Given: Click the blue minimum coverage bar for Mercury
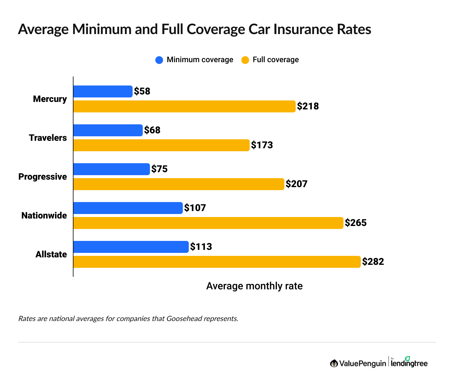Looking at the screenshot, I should pyautogui.click(x=103, y=91).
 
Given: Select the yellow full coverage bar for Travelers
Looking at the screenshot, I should pyautogui.click(x=161, y=145).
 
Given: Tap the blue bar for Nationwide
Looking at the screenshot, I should pyautogui.click(x=128, y=208).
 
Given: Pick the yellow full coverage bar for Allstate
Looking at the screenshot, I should pyautogui.click(x=217, y=262).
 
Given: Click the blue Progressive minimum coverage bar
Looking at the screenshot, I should pyautogui.click(x=111, y=169).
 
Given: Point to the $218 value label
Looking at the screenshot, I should pyautogui.click(x=308, y=106).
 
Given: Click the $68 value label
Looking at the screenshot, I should pyautogui.click(x=152, y=130).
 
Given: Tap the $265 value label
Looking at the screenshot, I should pyautogui.click(x=355, y=223).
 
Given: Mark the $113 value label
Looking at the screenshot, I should pyautogui.click(x=201, y=247).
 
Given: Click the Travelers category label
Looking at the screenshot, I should pyautogui.click(x=48, y=138).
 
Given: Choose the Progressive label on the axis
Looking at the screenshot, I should pyautogui.click(x=43, y=177).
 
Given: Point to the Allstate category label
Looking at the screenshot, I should pyautogui.click(x=51, y=254).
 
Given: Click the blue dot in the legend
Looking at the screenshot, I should pyautogui.click(x=159, y=60).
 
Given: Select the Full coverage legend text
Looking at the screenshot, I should pyautogui.click(x=276, y=60).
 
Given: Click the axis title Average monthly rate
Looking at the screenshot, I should pyautogui.click(x=254, y=286).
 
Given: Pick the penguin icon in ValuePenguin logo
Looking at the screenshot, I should pyautogui.click(x=334, y=363).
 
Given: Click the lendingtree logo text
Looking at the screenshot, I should pyautogui.click(x=409, y=363).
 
